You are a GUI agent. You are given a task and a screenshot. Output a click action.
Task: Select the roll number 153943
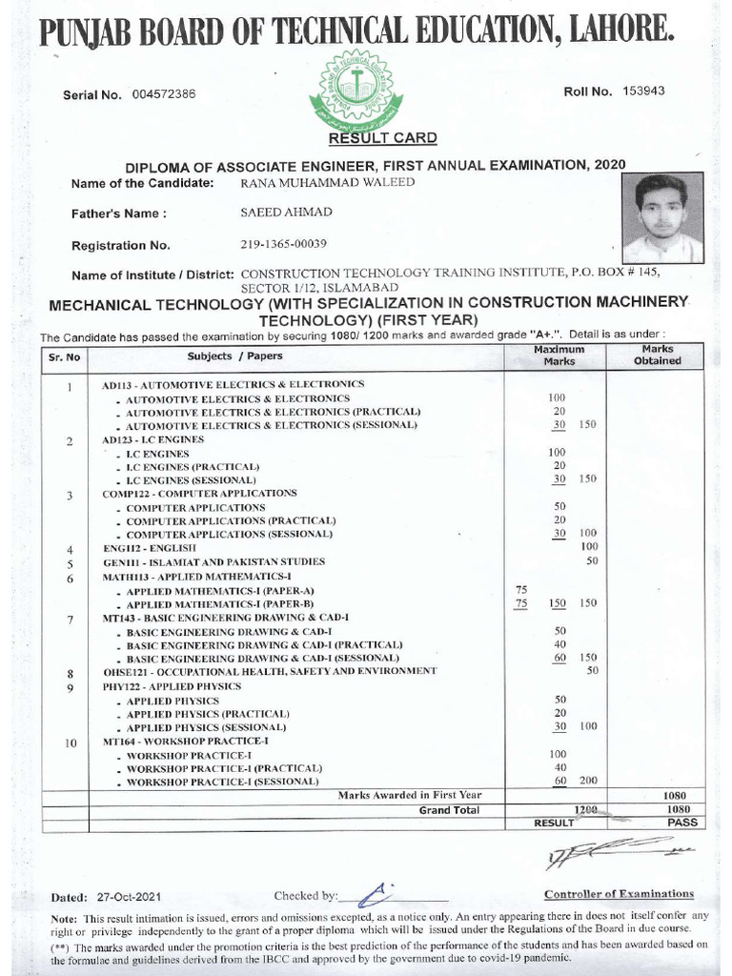click(x=643, y=91)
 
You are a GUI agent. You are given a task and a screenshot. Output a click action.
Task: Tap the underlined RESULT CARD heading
click(x=383, y=139)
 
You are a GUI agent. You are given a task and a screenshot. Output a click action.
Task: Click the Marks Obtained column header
click(x=657, y=356)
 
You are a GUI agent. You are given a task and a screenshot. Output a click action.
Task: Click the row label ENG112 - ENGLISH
click(x=150, y=549)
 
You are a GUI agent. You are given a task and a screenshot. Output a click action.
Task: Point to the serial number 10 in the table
click(x=71, y=742)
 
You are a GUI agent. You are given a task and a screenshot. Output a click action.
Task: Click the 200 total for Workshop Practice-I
click(x=588, y=781)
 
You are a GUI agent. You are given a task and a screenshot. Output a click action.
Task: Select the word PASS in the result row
click(x=681, y=822)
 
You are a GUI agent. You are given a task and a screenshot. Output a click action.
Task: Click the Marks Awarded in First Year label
click(x=410, y=795)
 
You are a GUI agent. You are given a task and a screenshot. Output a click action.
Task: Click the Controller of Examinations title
click(x=618, y=893)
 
